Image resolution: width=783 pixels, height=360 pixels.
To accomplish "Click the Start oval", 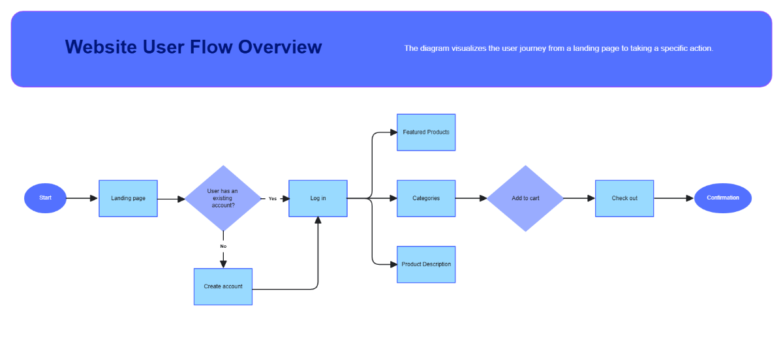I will coord(45,198).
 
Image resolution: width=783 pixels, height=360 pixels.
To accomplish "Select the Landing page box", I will coord(128,198).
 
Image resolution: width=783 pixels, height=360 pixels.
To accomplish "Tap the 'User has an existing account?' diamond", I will coord(223,198).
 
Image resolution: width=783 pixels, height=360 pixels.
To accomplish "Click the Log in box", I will coord(318,198).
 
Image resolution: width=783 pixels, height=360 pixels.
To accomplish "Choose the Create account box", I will coord(223,286).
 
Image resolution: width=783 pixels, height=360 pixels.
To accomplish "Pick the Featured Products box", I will coord(426,132).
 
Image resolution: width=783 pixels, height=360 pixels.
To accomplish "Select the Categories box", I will coord(426,198).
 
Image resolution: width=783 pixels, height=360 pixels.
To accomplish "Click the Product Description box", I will coord(426,264).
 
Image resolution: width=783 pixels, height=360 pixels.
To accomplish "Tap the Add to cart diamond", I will coord(525,198).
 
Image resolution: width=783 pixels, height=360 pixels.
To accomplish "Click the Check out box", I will coord(624,198).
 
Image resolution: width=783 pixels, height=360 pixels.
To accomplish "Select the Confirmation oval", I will coord(723,198).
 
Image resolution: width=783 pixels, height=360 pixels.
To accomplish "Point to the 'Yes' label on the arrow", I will coord(273,199).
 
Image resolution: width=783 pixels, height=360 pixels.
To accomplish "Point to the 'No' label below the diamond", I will coord(223,246).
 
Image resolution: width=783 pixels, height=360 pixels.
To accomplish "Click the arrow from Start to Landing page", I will coord(82,198).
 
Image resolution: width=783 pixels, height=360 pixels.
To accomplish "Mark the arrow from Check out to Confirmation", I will coord(673,198).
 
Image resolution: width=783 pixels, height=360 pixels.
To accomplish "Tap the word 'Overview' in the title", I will coord(280,47).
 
